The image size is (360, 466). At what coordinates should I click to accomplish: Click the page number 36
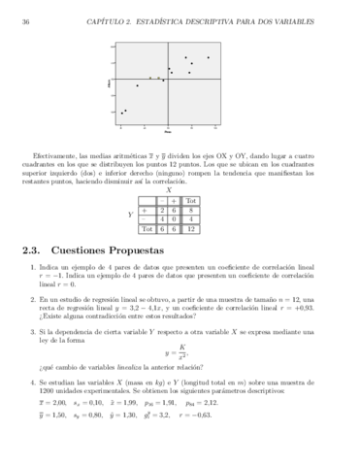click(25, 21)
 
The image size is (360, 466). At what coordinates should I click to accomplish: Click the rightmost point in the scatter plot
click(207, 56)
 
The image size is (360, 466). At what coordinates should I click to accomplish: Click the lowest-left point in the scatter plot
click(122, 113)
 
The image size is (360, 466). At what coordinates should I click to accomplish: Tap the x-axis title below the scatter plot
click(168, 132)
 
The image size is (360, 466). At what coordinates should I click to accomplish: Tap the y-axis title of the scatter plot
click(110, 91)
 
